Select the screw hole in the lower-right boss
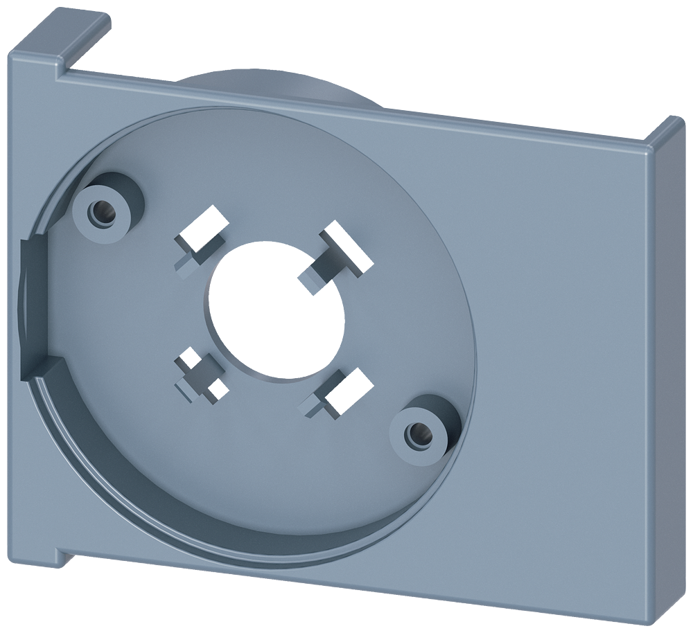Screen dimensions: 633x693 point(418,434)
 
